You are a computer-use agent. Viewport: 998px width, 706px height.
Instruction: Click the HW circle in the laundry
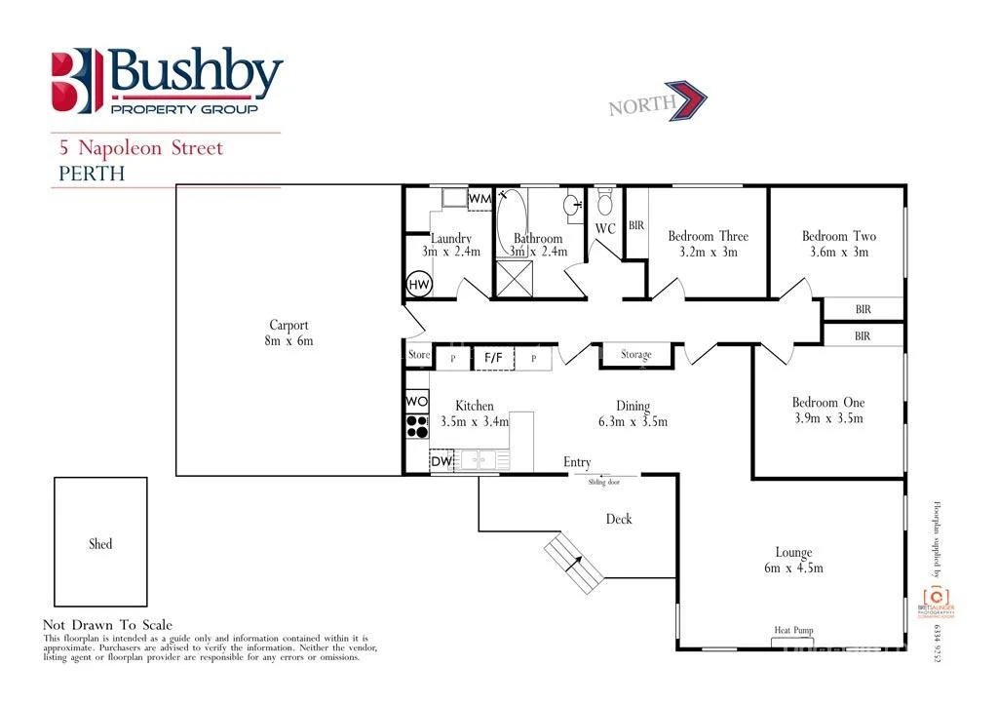click(x=419, y=285)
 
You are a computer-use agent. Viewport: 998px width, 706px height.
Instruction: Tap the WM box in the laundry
click(x=480, y=198)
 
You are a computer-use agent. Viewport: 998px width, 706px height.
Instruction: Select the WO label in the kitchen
click(x=416, y=402)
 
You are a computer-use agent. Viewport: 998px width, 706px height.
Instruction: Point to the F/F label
click(x=493, y=358)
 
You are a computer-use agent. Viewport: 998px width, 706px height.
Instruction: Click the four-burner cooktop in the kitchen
click(x=417, y=426)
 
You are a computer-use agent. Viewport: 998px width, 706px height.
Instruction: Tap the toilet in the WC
click(x=604, y=204)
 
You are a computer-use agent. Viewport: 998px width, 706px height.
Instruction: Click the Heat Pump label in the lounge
click(x=793, y=631)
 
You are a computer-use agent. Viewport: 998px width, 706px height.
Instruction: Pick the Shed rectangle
click(x=100, y=544)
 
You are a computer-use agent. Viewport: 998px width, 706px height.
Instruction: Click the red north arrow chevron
click(x=694, y=101)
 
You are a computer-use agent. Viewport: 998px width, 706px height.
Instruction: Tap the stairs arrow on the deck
click(x=572, y=563)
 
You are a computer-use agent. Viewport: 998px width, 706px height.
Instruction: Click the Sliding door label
click(x=603, y=482)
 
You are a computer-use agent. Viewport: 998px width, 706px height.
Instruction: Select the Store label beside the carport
click(x=418, y=355)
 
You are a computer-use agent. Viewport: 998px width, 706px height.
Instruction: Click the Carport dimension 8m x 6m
click(x=289, y=341)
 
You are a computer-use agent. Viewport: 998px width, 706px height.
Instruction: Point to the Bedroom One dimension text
click(x=827, y=418)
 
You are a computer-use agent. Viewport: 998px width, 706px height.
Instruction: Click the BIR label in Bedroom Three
click(x=635, y=225)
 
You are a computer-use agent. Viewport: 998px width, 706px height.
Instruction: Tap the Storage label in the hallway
click(x=635, y=355)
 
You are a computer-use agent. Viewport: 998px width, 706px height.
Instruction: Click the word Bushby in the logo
click(x=195, y=73)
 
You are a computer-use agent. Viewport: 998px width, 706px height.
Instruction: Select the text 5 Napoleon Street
click(x=140, y=148)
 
